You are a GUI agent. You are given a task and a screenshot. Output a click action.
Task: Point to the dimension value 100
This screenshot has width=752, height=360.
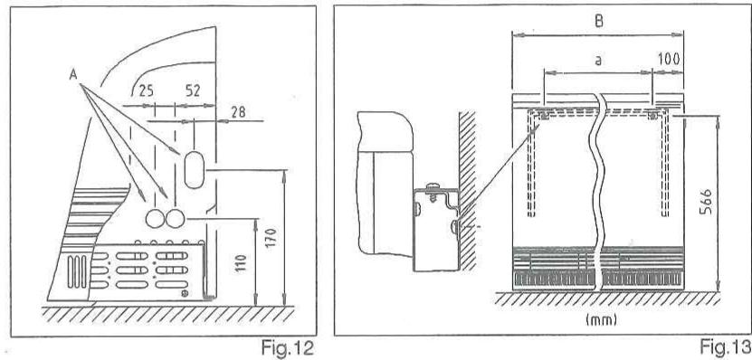pyautogui.click(x=671, y=58)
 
